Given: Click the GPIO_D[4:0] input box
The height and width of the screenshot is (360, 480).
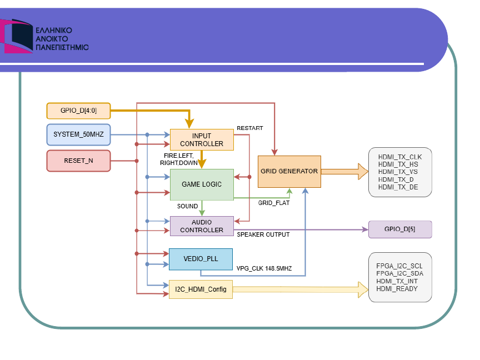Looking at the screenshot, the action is pos(78,111).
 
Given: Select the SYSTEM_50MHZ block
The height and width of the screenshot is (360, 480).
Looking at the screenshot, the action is pos(78,134).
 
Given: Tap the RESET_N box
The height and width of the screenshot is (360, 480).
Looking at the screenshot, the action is pos(78,161).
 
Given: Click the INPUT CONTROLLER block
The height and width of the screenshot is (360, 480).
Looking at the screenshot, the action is pos(202,140).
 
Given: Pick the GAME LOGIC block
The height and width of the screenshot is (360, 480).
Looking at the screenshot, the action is pos(202,184).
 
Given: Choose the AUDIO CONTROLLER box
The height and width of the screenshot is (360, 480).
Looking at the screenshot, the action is pos(202,226).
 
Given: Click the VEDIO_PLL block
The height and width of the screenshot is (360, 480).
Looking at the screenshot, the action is pos(201,259).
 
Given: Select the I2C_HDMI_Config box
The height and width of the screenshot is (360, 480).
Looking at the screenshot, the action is pos(201,289).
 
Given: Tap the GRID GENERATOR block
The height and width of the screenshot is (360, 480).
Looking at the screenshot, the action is pos(289,172).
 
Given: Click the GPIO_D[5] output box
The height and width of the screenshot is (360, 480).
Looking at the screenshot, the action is pos(400,229).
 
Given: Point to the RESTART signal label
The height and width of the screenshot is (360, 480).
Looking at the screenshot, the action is pos(250,128).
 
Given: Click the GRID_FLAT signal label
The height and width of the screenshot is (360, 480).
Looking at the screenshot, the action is pos(274,203).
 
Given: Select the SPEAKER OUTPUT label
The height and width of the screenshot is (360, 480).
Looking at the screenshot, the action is pos(263,235).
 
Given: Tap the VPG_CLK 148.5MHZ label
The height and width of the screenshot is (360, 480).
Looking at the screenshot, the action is pos(264,268).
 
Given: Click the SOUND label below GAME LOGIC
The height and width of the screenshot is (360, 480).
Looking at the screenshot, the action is pos(187,206).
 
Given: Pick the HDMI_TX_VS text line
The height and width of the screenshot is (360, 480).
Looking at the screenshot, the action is pos(398,172).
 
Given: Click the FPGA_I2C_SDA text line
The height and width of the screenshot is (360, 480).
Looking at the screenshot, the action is pos(400,274).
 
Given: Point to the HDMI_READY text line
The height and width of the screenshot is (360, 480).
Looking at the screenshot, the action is pos(397,289).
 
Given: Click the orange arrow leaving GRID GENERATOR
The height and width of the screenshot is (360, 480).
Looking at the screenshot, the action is pos(344,172).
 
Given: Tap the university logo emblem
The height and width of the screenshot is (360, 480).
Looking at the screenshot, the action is pos(17,36).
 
